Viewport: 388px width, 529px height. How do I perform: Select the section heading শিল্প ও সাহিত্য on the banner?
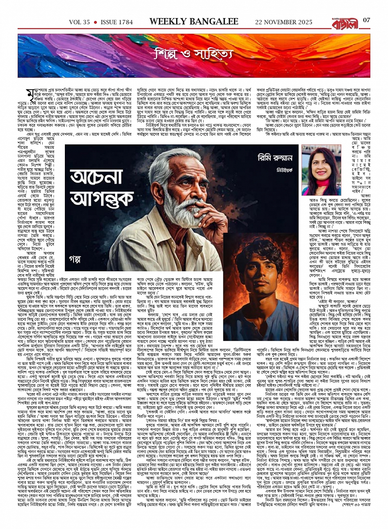pos(195,54)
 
